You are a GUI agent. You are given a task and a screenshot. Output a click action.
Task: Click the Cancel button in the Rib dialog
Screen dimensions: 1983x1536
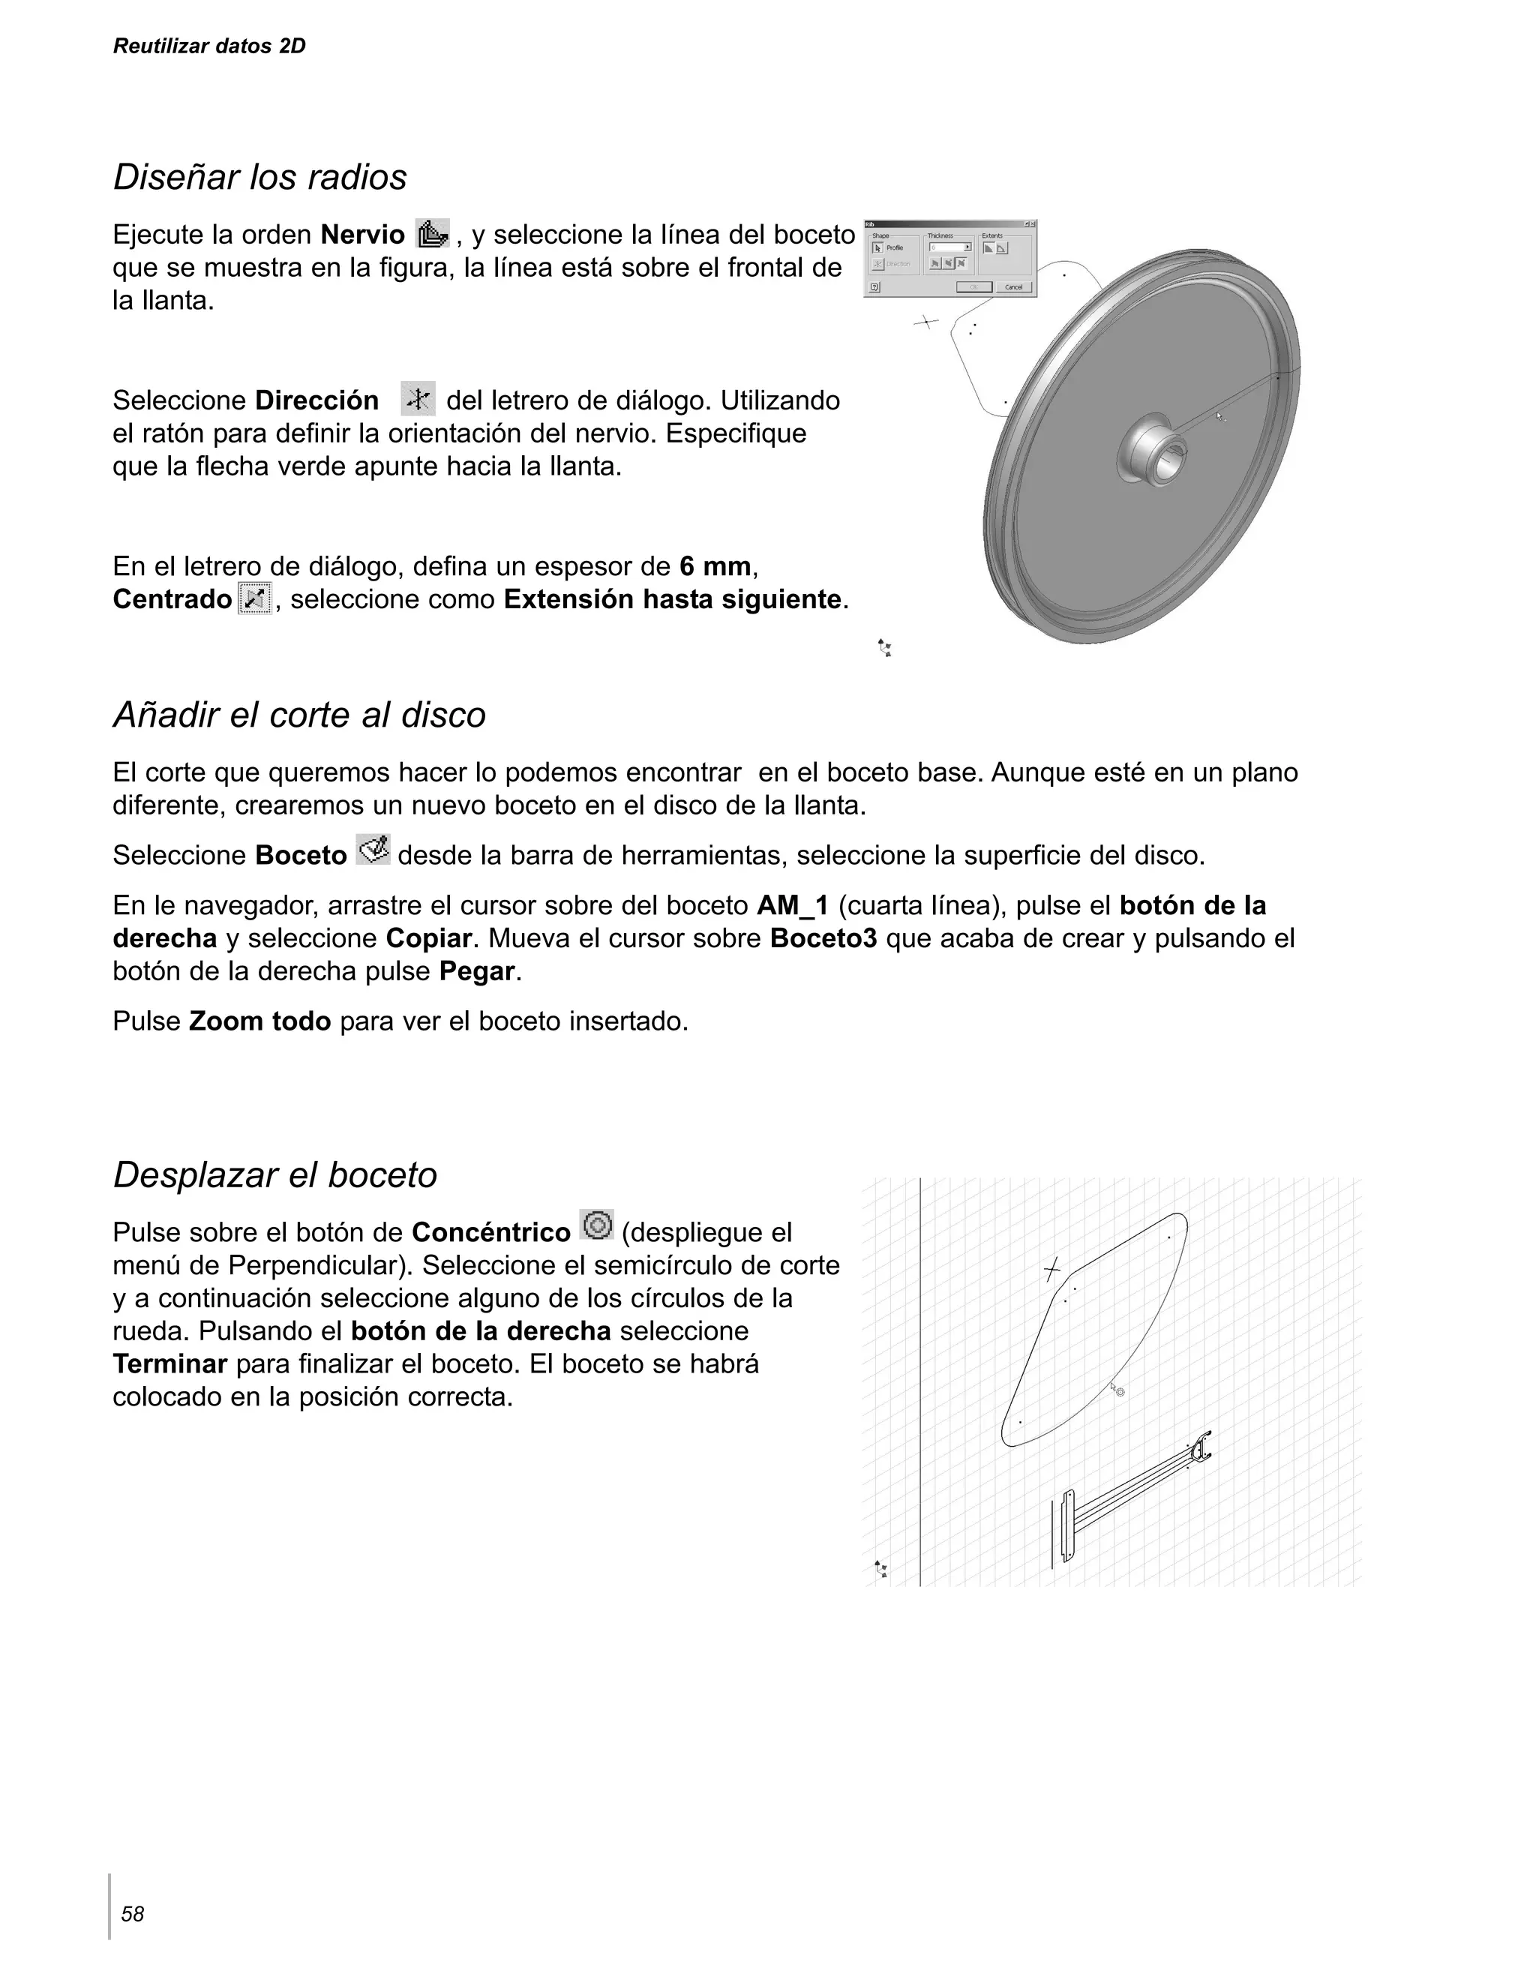point(1014,288)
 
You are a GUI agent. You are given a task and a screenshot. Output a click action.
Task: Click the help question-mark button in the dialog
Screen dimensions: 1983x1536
point(874,288)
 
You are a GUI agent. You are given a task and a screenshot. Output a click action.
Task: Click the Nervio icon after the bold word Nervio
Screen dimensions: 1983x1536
point(432,234)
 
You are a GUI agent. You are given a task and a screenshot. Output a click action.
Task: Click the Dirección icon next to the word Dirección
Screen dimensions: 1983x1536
point(418,398)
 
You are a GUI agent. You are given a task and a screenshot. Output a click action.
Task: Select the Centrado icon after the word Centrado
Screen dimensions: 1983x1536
point(255,598)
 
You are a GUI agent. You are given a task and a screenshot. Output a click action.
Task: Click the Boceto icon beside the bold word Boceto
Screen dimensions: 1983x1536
point(373,850)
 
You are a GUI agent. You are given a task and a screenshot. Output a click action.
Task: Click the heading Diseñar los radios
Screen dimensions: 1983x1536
point(259,177)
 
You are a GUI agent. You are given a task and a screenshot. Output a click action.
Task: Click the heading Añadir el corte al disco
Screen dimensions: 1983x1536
point(299,715)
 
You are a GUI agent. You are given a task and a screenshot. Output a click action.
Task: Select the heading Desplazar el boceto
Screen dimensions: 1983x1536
point(275,1175)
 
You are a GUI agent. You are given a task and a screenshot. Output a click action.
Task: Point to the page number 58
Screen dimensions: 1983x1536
point(133,1915)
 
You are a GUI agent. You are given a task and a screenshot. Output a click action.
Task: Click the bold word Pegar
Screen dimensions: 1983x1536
point(478,971)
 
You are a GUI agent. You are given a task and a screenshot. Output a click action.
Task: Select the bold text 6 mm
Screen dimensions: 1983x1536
point(715,566)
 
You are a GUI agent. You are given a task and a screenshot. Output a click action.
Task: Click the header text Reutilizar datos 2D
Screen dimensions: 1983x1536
point(208,46)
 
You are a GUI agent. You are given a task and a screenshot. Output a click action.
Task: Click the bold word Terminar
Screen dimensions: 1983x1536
point(169,1363)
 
